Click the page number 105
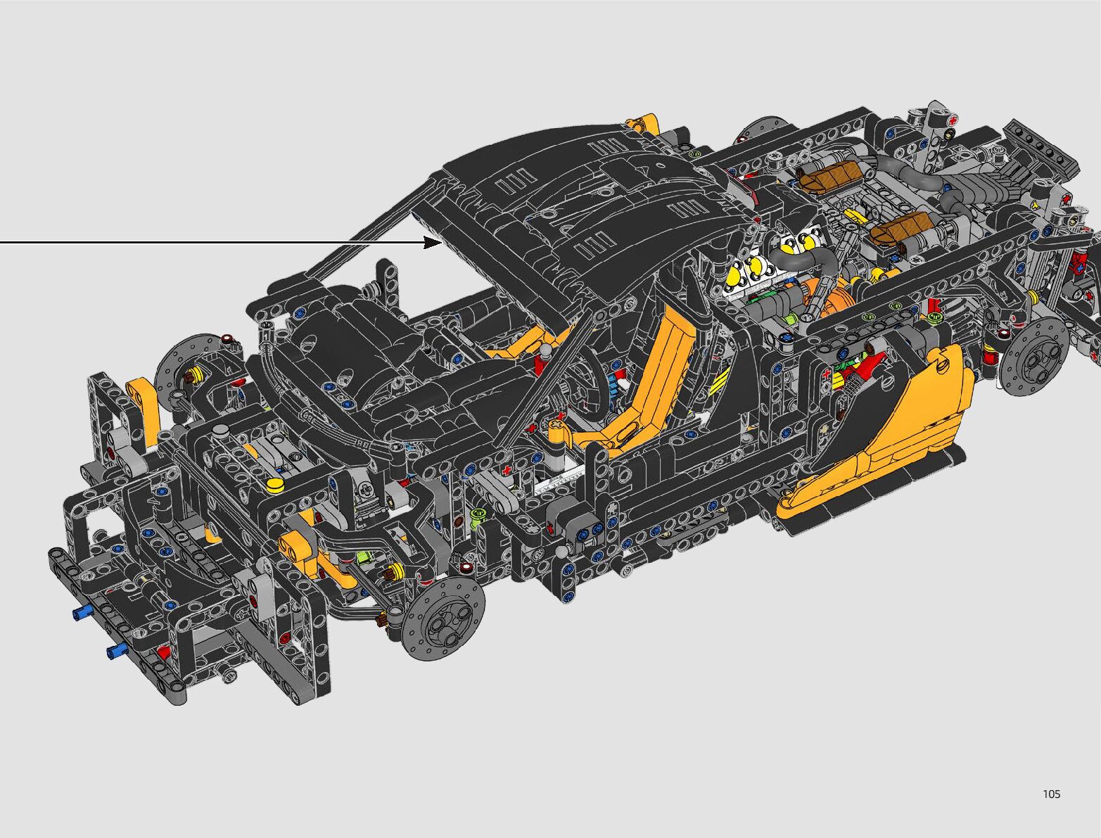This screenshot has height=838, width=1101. coord(1051,794)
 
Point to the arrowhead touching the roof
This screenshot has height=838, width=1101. coord(433,243)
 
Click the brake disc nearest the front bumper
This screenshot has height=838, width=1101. coord(443,619)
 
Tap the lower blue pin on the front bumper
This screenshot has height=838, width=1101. coord(116,652)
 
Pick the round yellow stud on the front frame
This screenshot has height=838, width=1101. coord(275,485)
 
